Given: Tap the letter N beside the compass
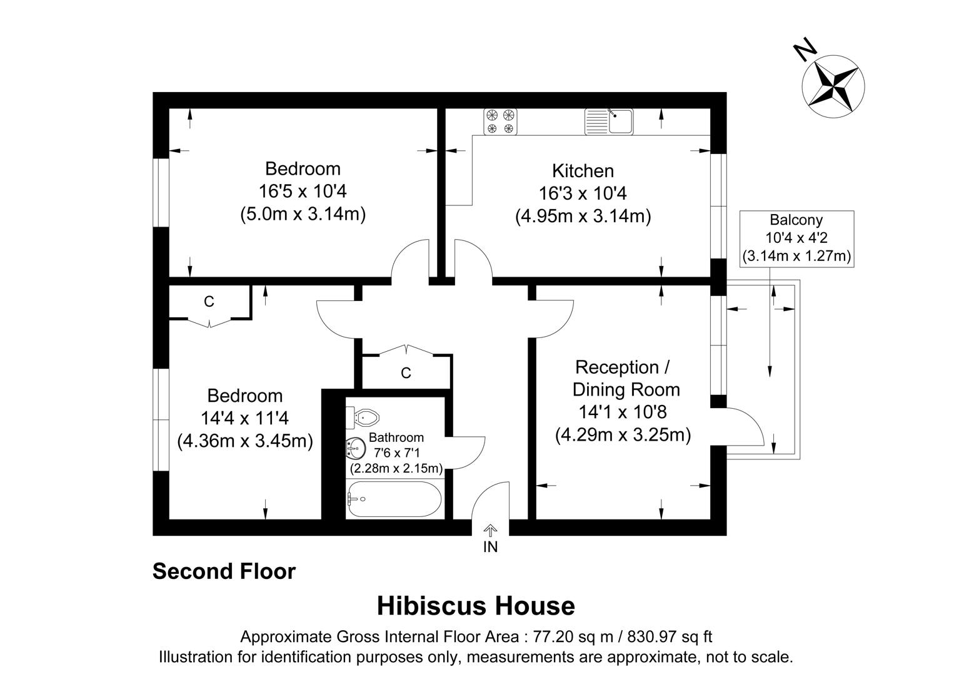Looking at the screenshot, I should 805,49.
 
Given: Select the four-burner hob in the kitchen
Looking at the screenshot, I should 501,121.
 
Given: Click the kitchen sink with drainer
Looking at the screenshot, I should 609,121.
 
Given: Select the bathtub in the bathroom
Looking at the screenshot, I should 394,499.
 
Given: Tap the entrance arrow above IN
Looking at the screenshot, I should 491,531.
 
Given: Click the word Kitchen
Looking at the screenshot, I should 583,170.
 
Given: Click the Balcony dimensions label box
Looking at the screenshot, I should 796,238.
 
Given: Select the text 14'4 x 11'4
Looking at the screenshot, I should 244,418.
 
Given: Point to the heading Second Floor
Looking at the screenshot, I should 224,571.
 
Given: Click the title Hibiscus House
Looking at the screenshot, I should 476,606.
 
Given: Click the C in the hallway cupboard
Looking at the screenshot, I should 406,373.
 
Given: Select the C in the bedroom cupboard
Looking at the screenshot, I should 209,302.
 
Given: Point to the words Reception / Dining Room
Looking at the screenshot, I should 625,378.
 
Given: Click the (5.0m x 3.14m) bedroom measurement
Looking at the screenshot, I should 303,214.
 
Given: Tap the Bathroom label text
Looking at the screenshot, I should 396,438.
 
